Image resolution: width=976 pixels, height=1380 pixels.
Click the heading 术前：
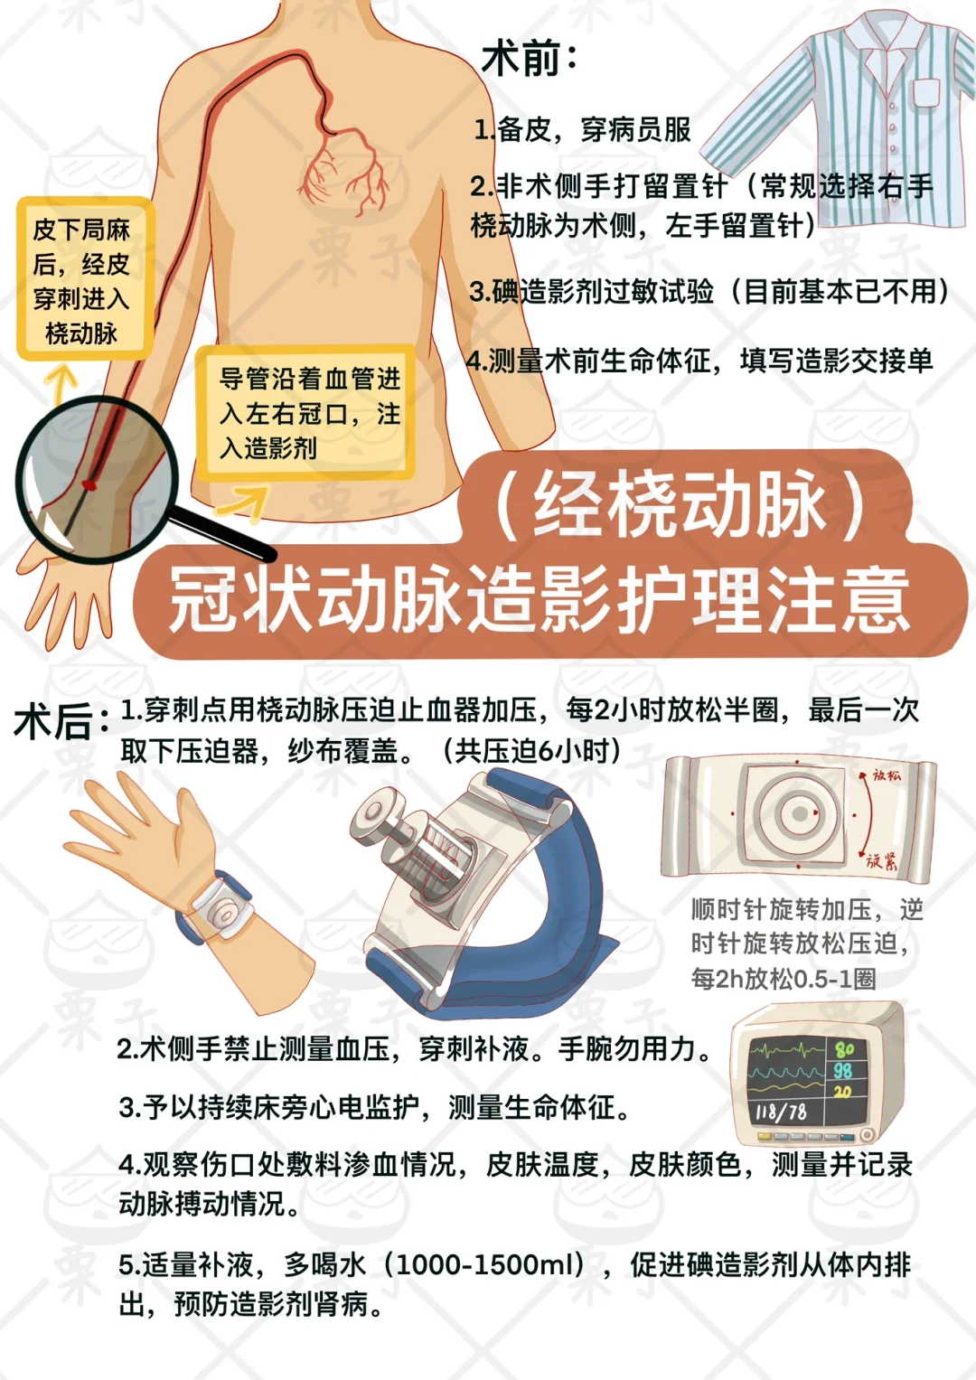pyautogui.click(x=529, y=60)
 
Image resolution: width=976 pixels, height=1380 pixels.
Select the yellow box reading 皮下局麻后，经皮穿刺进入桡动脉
pyautogui.click(x=82, y=280)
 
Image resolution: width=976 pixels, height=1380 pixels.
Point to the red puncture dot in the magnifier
pyautogui.click(x=89, y=485)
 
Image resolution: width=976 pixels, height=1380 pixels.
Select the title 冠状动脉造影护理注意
pyautogui.click(x=540, y=600)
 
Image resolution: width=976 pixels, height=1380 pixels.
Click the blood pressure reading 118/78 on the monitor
pyautogui.click(x=780, y=1112)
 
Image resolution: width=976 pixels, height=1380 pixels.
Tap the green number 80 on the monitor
pyautogui.click(x=844, y=1050)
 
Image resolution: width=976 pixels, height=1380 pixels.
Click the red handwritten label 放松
pyautogui.click(x=886, y=775)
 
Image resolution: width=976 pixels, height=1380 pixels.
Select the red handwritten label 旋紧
pyautogui.click(x=881, y=860)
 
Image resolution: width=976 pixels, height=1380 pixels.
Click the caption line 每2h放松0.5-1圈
pyautogui.click(x=784, y=979)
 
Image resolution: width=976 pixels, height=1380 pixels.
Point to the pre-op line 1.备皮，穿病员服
pyautogui.click(x=583, y=130)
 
